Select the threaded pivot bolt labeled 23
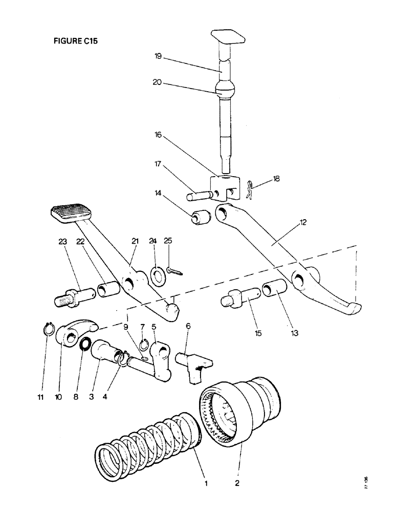(x=71, y=297)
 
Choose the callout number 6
(x=188, y=326)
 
